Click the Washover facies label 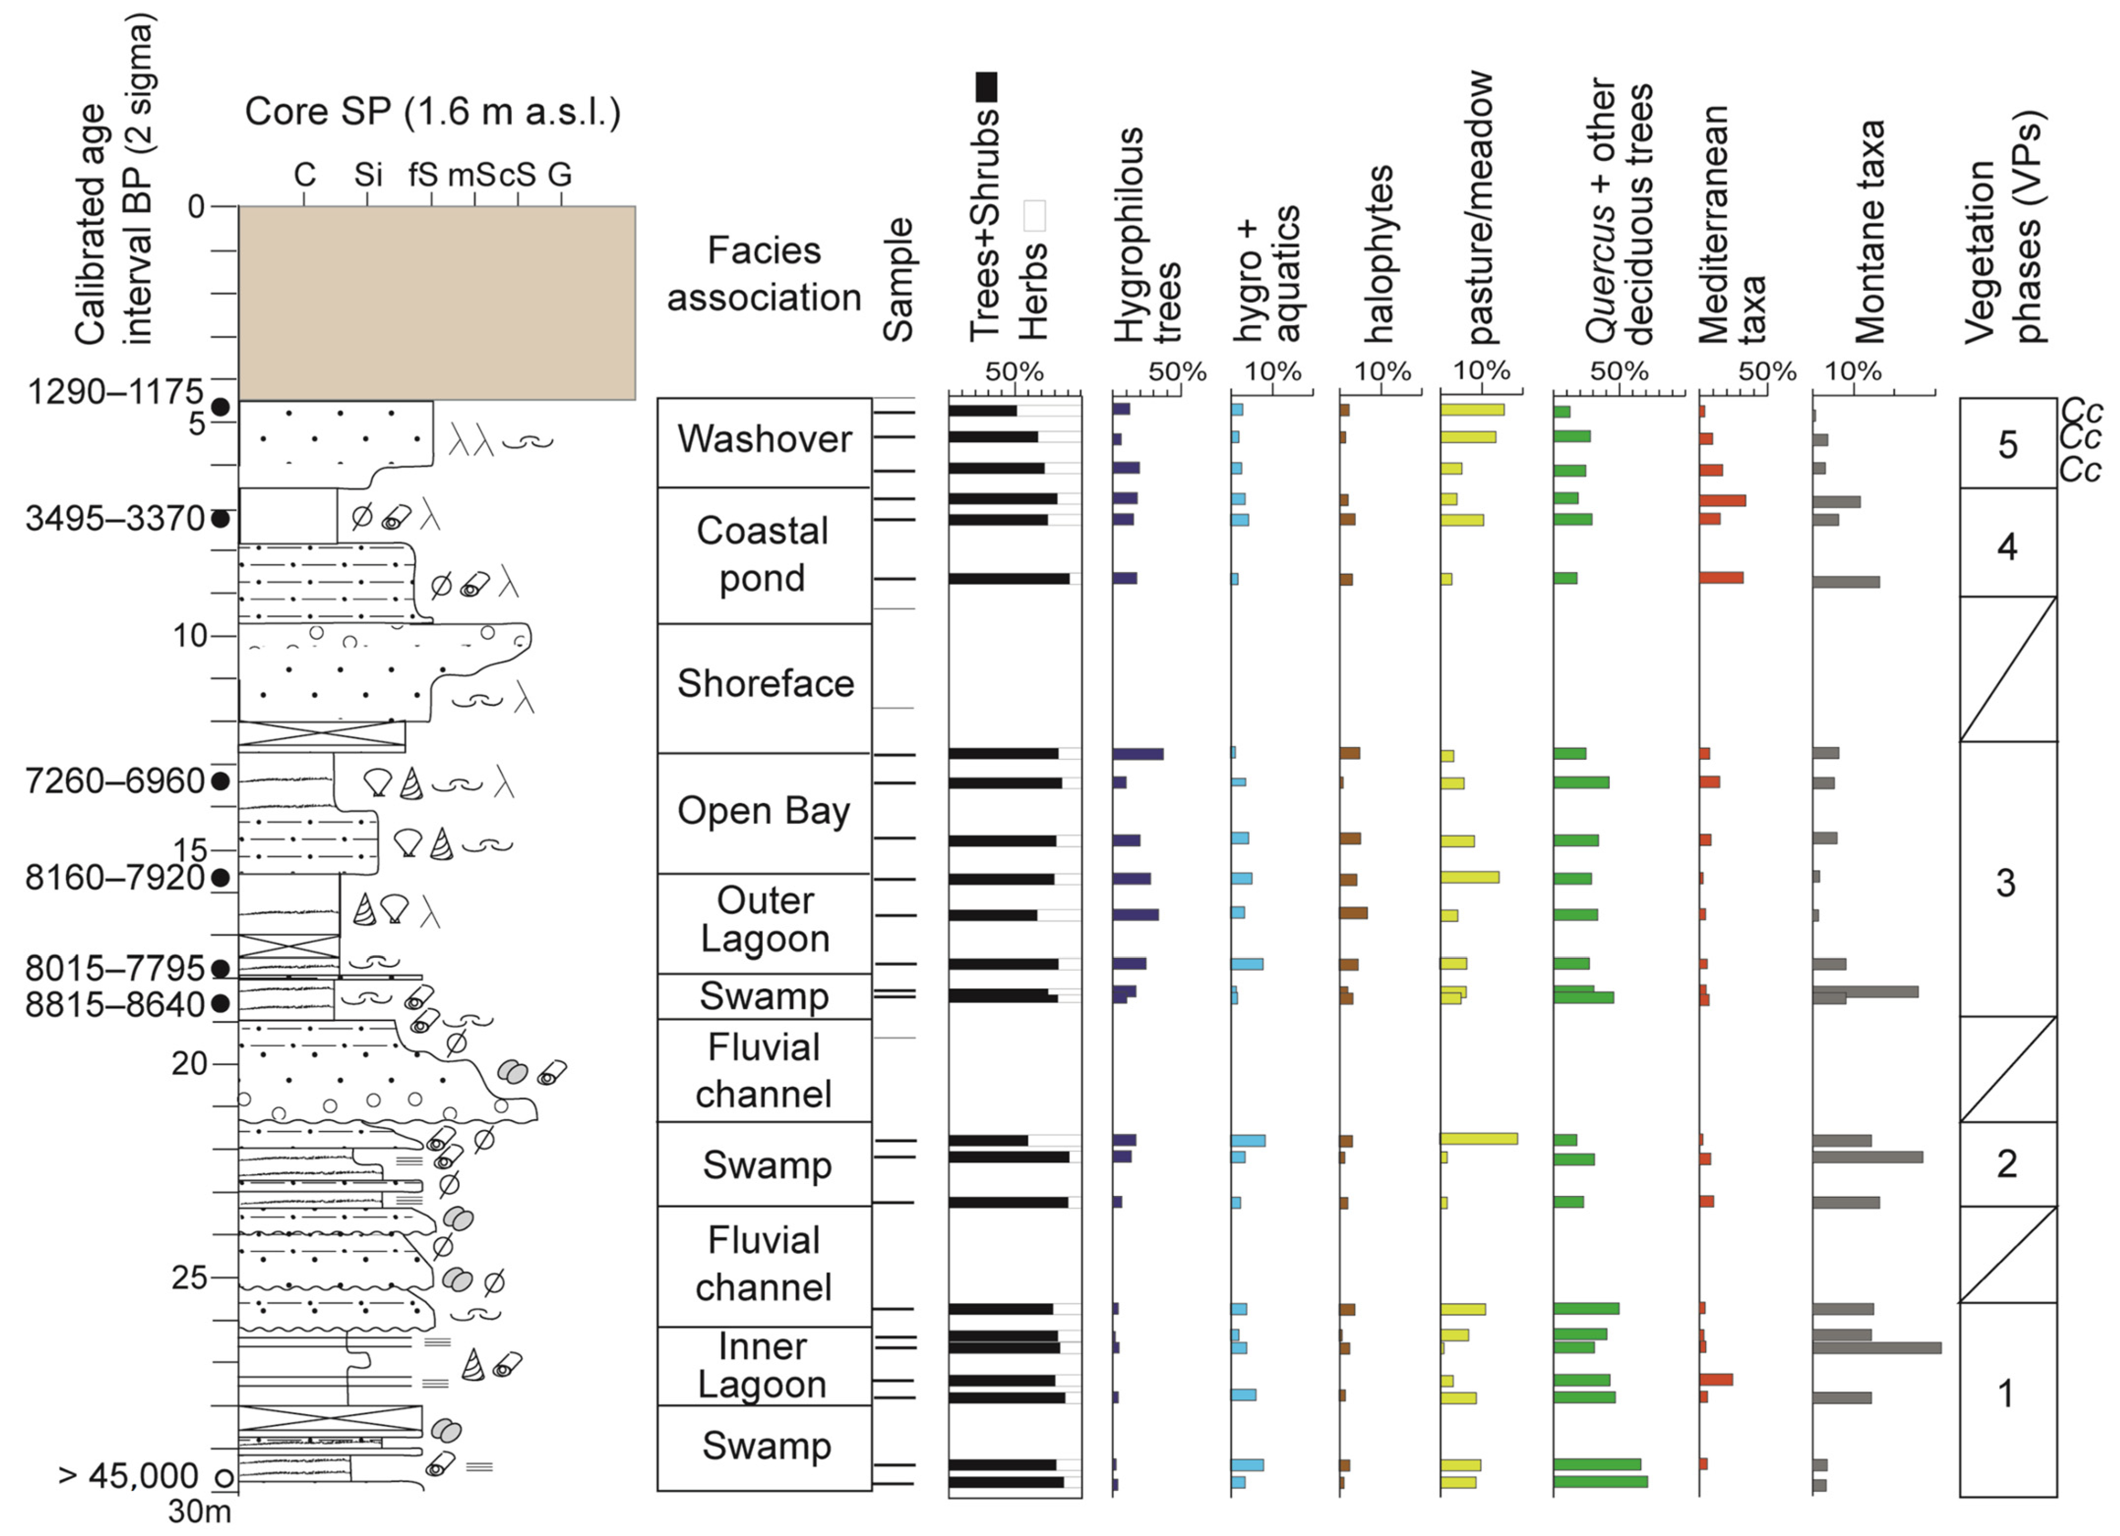764,439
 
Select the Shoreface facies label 764,684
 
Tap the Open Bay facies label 764,811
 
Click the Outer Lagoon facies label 764,919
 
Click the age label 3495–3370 114,518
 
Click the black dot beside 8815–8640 220,1004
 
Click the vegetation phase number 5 2007,445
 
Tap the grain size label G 559,174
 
